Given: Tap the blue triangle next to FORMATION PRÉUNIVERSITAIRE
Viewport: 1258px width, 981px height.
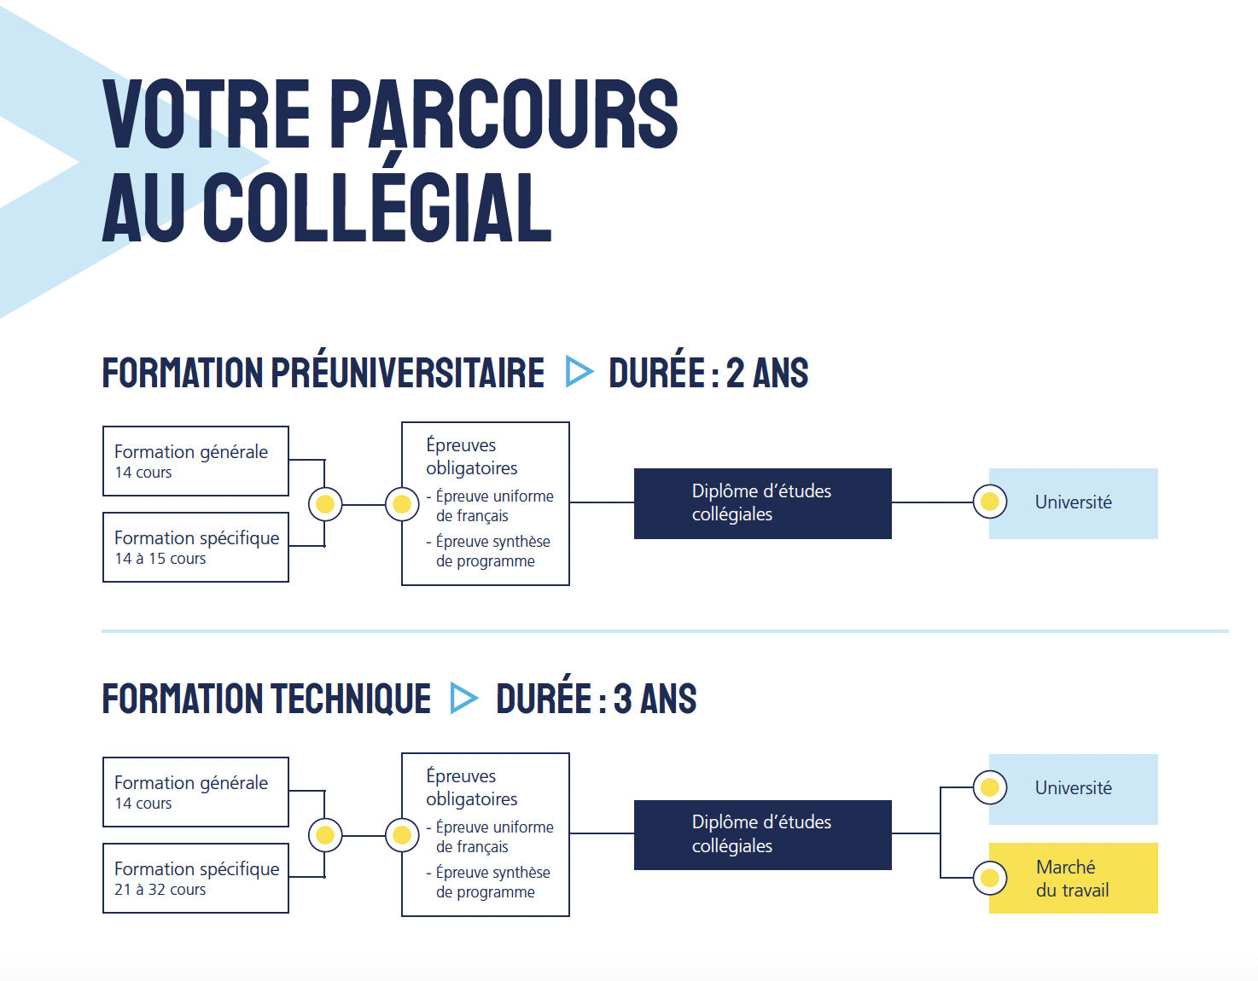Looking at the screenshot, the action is [579, 371].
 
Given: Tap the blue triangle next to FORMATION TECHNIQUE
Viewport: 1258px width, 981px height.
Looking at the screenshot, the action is [464, 698].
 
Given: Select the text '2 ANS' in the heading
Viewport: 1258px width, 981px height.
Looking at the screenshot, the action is [767, 373].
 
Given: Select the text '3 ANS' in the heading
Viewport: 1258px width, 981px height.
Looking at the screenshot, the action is [655, 699].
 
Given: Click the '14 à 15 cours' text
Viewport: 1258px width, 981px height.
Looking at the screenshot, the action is [160, 559].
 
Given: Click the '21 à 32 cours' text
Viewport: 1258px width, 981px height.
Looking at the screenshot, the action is [160, 890].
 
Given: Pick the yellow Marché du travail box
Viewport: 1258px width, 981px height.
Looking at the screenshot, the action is [1074, 878].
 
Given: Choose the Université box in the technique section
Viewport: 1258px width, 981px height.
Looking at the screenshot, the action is [1074, 789].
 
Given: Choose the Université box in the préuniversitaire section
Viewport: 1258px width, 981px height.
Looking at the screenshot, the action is [1074, 503].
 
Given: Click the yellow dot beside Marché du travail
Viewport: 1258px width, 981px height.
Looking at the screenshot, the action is [990, 878].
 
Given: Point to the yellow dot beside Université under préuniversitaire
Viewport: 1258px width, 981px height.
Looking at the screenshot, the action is [990, 502].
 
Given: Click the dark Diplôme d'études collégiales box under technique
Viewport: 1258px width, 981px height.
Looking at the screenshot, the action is [762, 834].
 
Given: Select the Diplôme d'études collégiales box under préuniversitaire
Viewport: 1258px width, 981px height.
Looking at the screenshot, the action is [762, 503].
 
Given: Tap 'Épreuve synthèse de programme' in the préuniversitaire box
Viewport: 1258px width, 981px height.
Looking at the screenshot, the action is [489, 551].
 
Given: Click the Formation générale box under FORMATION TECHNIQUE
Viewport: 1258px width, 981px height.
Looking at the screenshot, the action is [195, 792].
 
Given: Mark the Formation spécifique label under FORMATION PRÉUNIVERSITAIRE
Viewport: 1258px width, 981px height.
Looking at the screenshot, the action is [197, 538].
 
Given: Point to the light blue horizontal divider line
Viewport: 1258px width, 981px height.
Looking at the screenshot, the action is [665, 631].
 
